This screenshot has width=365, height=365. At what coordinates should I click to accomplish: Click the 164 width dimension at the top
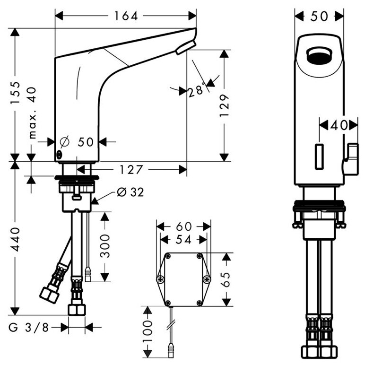[x=126, y=16]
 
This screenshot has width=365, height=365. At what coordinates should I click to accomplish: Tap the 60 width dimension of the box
[x=183, y=226]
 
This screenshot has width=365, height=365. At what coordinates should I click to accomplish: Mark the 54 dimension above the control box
[x=183, y=240]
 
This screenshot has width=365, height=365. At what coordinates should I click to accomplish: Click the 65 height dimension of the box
[x=227, y=279]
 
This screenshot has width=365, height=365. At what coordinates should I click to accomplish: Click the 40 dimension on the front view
[x=338, y=125]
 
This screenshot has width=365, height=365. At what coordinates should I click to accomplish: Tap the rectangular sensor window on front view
[x=319, y=156]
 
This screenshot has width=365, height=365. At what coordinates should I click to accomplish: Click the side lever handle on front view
[x=351, y=159]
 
